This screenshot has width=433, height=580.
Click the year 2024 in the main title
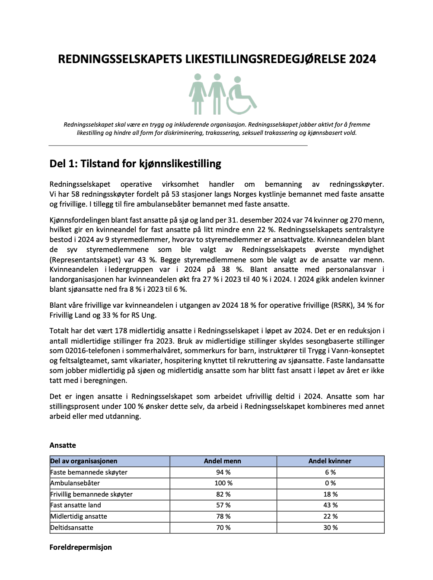tap(363, 59)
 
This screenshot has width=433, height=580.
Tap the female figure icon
tap(198, 93)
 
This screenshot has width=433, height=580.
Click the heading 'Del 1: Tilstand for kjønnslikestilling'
tap(135, 164)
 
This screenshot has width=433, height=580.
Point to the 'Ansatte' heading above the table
tap(63, 445)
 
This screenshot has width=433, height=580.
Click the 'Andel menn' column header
tap(223, 461)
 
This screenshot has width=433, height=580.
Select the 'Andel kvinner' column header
tap(330, 461)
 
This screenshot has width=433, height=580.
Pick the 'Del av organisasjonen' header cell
tap(84, 461)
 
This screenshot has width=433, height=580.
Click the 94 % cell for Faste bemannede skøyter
tap(223, 472)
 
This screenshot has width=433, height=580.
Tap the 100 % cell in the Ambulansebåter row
tap(223, 483)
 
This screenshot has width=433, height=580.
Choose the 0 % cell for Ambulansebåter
tap(330, 483)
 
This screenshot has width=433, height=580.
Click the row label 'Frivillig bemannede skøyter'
tap(91, 494)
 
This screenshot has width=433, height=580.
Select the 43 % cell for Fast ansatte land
tap(330, 505)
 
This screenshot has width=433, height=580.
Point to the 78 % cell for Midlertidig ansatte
tap(223, 516)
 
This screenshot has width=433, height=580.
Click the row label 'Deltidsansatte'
tap(72, 528)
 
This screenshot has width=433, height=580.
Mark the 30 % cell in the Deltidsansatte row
tap(330, 528)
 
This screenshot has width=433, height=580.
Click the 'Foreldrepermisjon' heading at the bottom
tap(81, 547)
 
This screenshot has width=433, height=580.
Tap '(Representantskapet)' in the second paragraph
tap(84, 260)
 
